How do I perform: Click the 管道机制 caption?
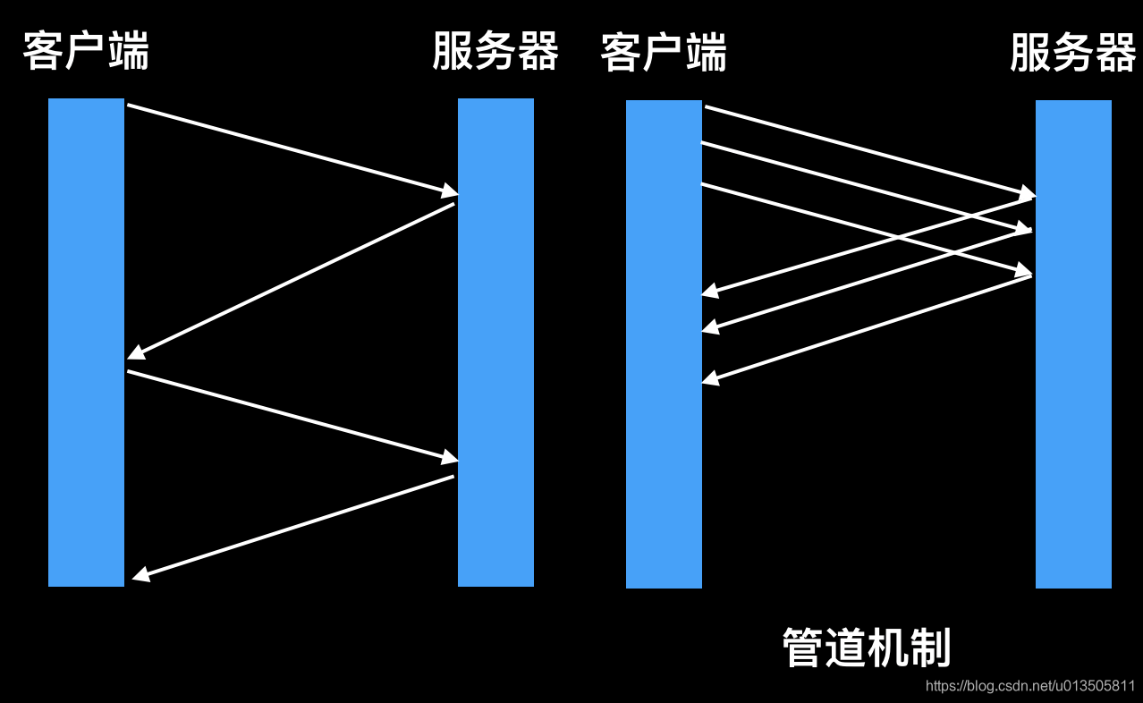pos(866,648)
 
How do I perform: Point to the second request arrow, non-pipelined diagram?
pos(291,415)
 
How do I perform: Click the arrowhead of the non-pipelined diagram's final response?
pos(140,577)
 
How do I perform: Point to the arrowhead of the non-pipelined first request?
pos(449,191)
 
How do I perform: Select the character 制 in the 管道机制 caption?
pos(930,648)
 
